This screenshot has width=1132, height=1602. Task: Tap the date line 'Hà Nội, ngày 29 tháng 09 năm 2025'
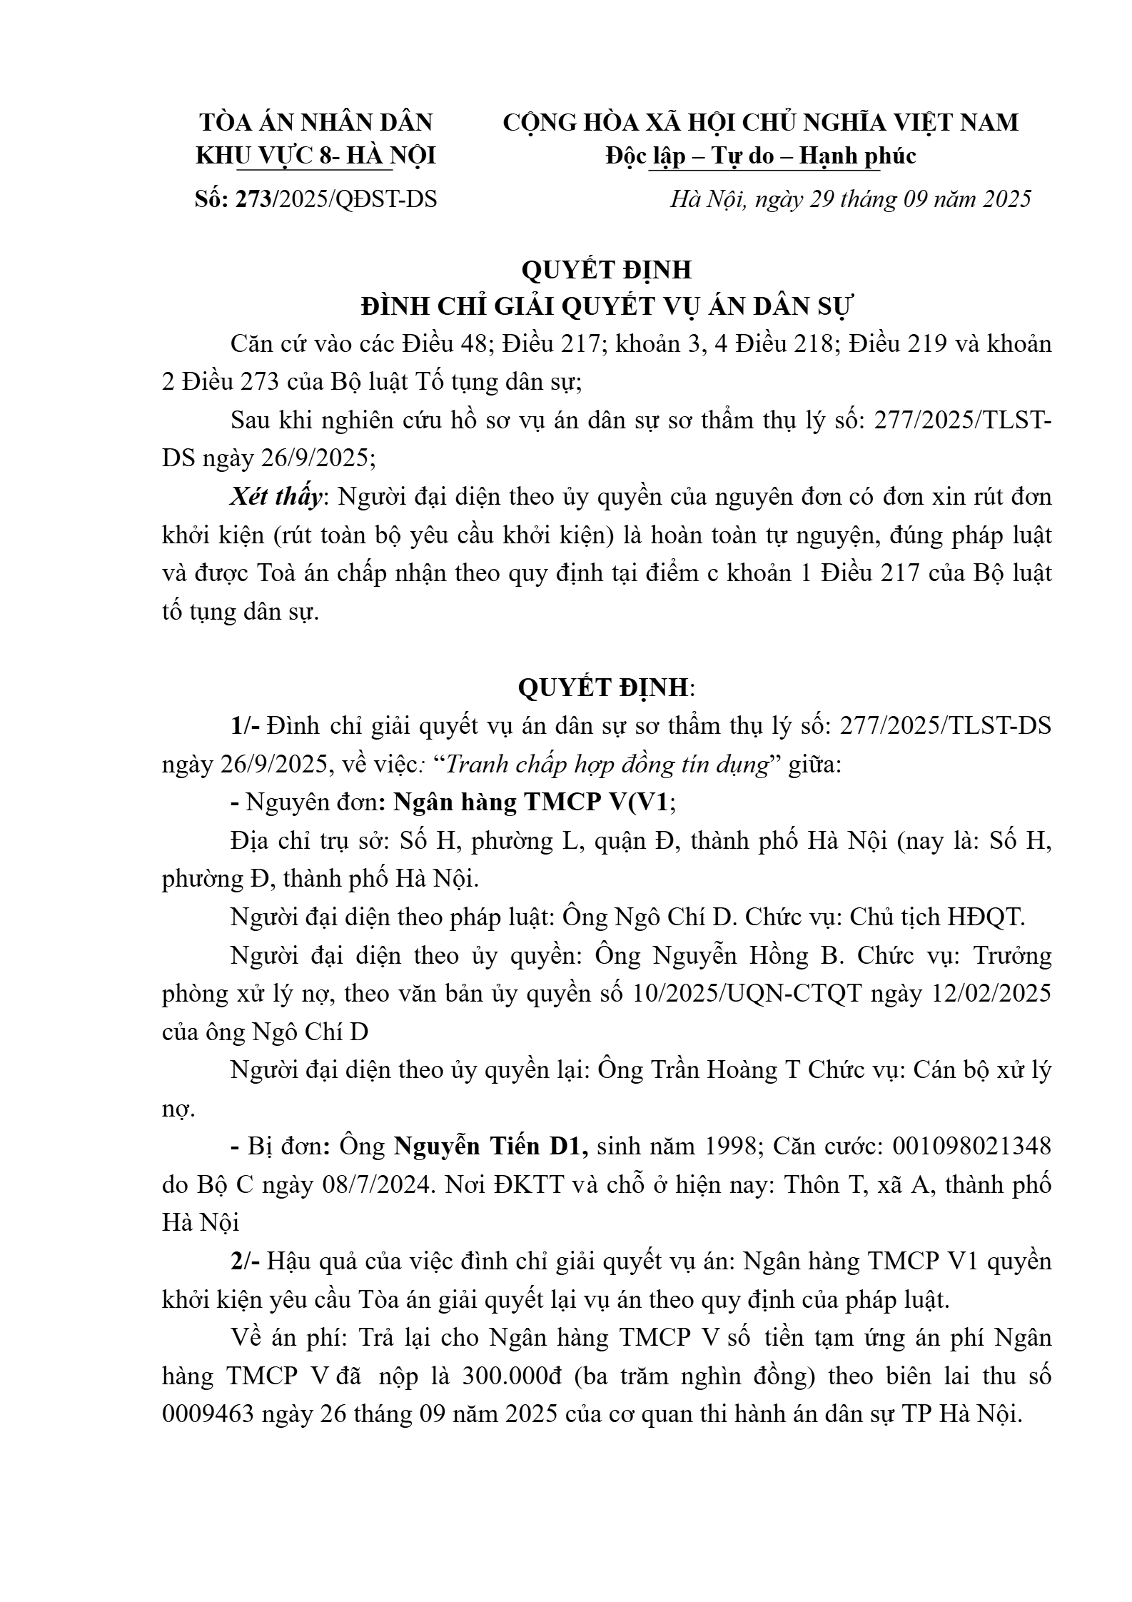(850, 199)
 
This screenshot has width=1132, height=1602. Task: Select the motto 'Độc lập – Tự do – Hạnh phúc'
(761, 156)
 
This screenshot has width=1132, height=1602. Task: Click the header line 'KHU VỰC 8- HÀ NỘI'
(315, 156)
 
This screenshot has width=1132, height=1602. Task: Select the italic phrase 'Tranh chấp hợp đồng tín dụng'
(609, 765)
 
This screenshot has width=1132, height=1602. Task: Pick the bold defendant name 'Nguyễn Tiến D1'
(491, 1147)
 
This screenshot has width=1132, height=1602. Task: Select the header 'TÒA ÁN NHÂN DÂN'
(315, 123)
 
